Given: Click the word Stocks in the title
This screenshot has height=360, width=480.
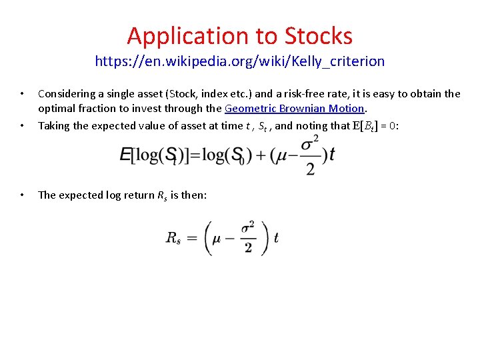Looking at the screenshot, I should pos(318,35).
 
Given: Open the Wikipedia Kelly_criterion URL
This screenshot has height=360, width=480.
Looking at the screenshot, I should pos(240,61).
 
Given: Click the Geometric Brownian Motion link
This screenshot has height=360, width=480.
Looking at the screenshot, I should pos(295,108).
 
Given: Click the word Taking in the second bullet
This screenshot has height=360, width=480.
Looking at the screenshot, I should pos(53,125).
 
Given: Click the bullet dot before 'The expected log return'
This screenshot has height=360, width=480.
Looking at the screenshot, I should pos(23,195).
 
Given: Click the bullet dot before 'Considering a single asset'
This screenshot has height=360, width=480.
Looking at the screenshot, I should pos(23,94).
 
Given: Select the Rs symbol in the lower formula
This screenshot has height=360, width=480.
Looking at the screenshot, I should pos(173,238).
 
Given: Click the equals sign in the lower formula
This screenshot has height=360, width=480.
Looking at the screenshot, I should pos(193,238).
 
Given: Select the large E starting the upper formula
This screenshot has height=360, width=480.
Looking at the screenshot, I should pos(125,155).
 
